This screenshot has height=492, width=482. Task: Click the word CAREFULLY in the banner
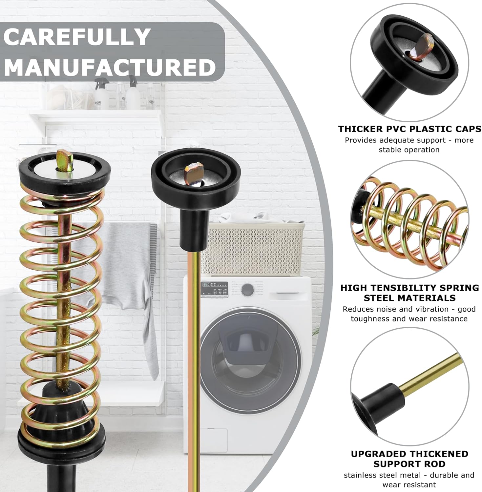(x=77, y=37)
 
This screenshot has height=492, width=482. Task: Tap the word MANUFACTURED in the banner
(x=110, y=67)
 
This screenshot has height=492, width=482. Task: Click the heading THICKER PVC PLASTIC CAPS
(x=410, y=129)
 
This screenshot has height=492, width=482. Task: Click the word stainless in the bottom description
(x=360, y=475)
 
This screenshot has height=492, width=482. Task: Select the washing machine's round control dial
(x=247, y=290)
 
